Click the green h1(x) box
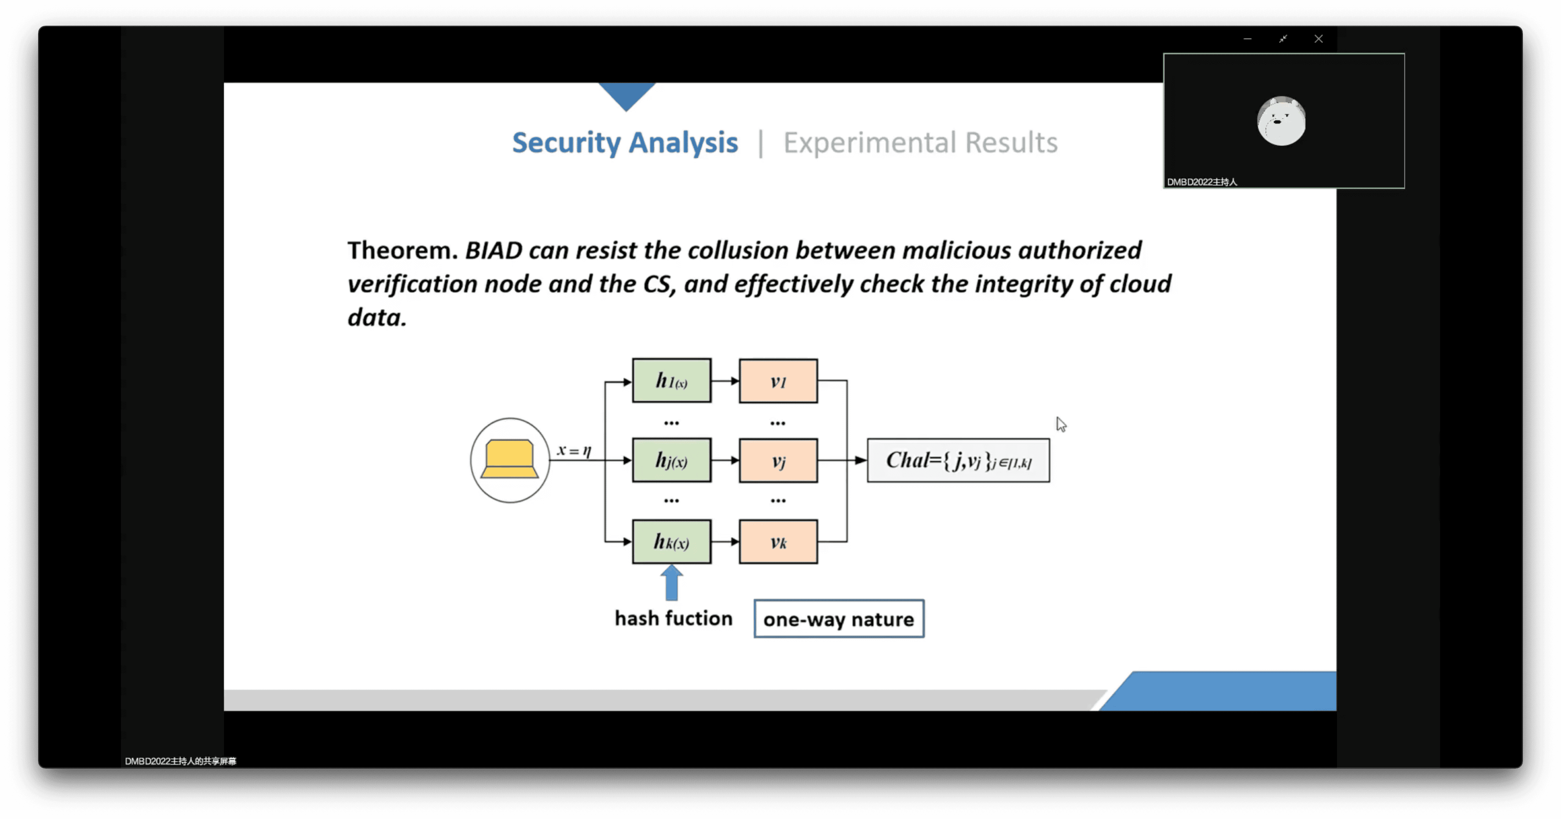pyautogui.click(x=671, y=381)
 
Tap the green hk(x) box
pyautogui.click(x=671, y=541)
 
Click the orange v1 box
pyautogui.click(x=778, y=381)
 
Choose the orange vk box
pyautogui.click(x=778, y=541)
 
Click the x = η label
pyautogui.click(x=574, y=450)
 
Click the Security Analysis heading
pyautogui.click(x=625, y=143)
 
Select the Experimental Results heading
pyautogui.click(x=920, y=143)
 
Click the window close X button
pyautogui.click(x=1318, y=39)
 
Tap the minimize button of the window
pyautogui.click(x=1247, y=39)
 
